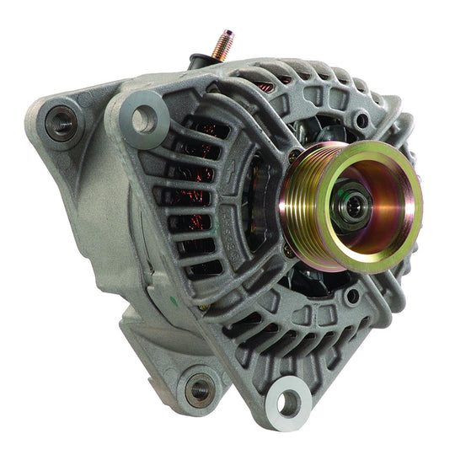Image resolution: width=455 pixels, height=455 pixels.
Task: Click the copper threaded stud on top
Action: [223, 45]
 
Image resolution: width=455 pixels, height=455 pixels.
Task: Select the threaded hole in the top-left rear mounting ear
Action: [60, 125]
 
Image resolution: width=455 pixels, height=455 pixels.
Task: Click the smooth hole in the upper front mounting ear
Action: [142, 119]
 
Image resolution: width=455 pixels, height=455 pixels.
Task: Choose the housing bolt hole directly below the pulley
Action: [352, 296]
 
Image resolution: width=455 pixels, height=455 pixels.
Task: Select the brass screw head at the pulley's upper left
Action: [294, 156]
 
